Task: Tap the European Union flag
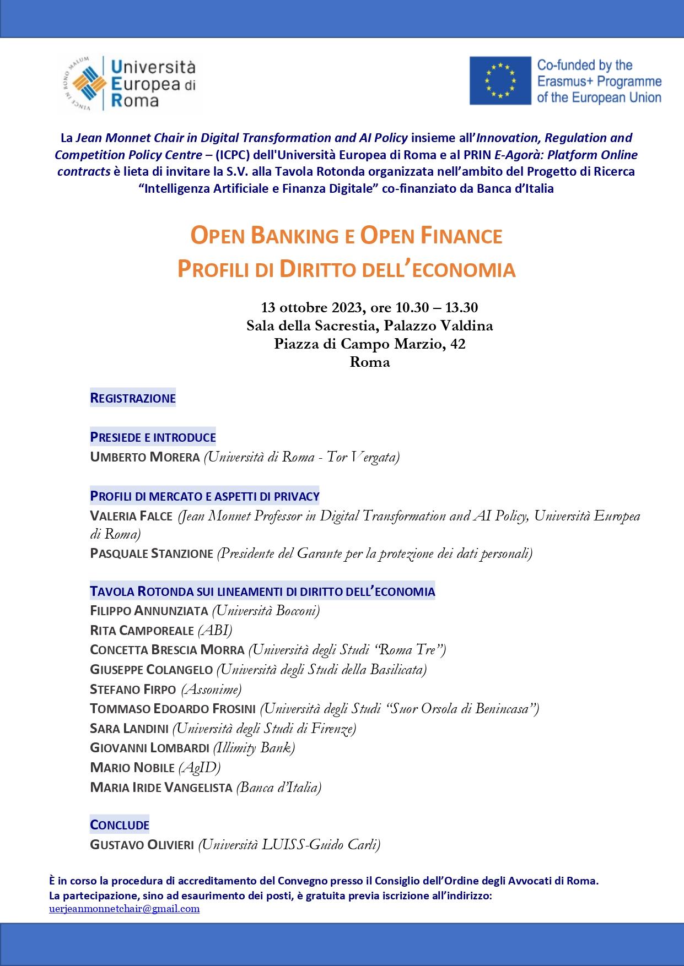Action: (500, 80)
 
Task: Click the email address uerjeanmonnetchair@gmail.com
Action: (124, 909)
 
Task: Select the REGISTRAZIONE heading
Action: (133, 398)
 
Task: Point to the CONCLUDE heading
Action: (120, 824)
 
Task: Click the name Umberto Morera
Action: (144, 457)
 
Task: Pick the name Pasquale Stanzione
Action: (151, 553)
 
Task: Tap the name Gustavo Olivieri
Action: (142, 844)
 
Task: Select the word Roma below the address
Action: (370, 362)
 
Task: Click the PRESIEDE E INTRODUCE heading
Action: (153, 437)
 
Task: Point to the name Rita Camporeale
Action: (142, 630)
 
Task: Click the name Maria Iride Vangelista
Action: (161, 787)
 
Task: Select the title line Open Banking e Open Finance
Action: (346, 235)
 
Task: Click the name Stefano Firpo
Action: (133, 689)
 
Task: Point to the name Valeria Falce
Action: (131, 516)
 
